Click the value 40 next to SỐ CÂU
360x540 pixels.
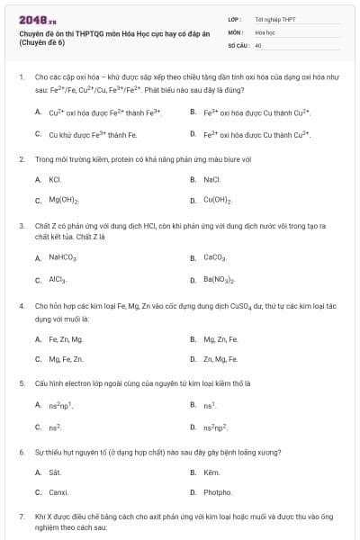tap(258, 44)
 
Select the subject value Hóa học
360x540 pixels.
tap(264, 31)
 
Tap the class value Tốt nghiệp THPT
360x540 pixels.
tap(274, 19)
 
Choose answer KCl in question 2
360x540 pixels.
tap(54, 180)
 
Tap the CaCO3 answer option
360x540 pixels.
tap(216, 258)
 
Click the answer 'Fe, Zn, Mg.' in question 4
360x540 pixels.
tap(66, 339)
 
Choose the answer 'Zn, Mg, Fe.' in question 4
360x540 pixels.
tap(220, 359)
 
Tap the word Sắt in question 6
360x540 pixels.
tap(54, 472)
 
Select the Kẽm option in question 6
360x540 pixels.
tap(212, 472)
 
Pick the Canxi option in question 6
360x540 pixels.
tap(58, 492)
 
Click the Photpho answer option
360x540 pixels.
tap(218, 492)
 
